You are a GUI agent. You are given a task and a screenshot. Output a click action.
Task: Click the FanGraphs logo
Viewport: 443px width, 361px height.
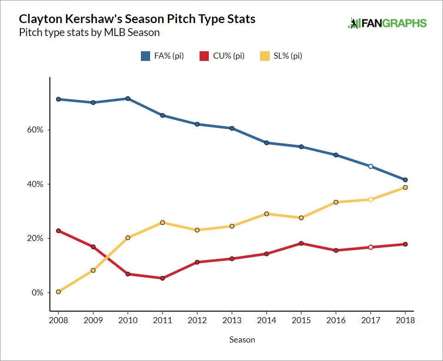(x=387, y=24)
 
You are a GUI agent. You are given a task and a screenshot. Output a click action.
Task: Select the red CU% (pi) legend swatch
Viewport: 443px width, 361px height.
(x=204, y=56)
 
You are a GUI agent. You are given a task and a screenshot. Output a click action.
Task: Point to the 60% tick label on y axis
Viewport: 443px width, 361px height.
(x=35, y=130)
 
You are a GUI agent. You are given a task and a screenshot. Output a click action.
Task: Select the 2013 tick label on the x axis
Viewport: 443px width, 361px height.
(x=232, y=320)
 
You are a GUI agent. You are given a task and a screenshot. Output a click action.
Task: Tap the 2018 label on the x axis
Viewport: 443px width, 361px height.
(x=405, y=320)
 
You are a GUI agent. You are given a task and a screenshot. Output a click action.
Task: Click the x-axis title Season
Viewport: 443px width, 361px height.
(x=242, y=340)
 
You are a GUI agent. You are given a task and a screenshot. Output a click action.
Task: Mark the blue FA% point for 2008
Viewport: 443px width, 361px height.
(x=58, y=99)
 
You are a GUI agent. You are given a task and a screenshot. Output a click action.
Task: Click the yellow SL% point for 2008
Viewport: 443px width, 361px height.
(x=58, y=292)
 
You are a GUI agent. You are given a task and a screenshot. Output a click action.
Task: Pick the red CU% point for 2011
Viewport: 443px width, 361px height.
(x=162, y=278)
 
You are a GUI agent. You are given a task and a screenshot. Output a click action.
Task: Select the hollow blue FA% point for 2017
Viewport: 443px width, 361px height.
(x=370, y=166)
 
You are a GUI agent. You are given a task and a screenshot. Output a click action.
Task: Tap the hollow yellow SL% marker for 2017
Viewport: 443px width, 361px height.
(x=370, y=199)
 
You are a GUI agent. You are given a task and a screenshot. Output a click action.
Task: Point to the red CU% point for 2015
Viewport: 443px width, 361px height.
(x=301, y=243)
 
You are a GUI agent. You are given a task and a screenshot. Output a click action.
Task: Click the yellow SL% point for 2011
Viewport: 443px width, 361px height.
(x=162, y=223)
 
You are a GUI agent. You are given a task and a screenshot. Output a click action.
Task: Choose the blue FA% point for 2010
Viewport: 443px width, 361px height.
(x=127, y=98)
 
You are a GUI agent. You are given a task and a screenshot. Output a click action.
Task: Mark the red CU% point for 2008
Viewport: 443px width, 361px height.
(x=58, y=231)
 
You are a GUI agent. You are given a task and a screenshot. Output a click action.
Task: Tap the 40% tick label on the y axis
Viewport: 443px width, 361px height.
(x=35, y=184)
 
